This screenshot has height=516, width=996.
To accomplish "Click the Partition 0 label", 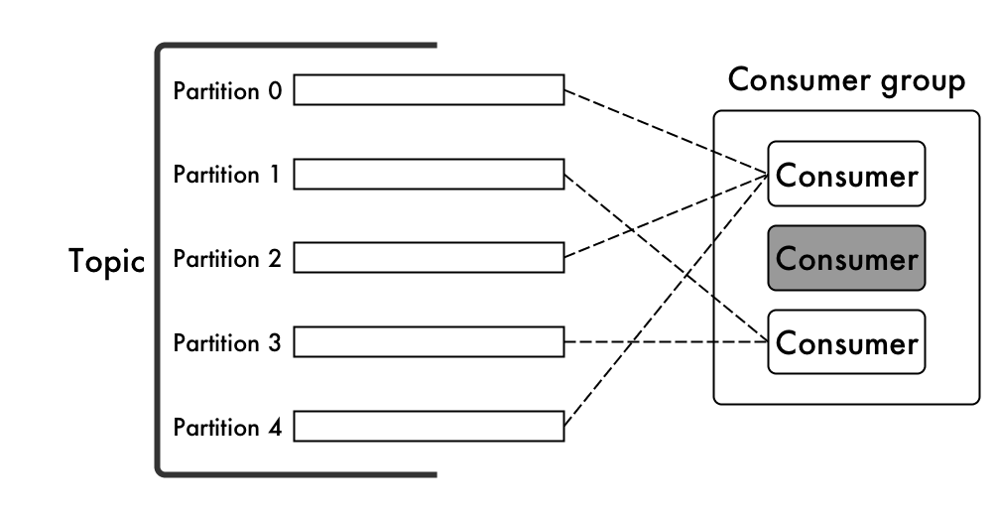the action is [227, 91].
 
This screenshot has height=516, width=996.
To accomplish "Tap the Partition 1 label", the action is [227, 174].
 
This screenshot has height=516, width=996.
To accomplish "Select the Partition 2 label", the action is [227, 259].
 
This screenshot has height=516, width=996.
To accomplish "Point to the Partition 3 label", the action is [227, 343].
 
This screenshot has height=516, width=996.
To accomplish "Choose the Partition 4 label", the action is [227, 427].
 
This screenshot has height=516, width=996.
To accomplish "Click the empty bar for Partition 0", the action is [429, 89].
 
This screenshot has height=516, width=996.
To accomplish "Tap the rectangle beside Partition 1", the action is [429, 174].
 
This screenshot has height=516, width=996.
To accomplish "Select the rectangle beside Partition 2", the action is [429, 258].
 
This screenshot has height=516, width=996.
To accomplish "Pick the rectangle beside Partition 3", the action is [429, 342].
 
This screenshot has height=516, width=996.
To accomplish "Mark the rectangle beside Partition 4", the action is [429, 427].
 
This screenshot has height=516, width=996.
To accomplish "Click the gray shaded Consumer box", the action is [847, 258].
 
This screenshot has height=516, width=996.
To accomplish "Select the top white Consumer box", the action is [847, 174].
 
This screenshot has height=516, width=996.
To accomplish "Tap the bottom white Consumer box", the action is [847, 342].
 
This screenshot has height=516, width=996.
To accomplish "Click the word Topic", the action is [107, 261].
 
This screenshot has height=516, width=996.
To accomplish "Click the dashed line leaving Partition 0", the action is [667, 132].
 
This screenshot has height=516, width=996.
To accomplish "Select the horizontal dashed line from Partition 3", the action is [667, 342].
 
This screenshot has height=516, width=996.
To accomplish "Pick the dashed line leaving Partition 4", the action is [667, 300].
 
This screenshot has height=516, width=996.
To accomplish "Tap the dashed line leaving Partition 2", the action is [667, 216].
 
